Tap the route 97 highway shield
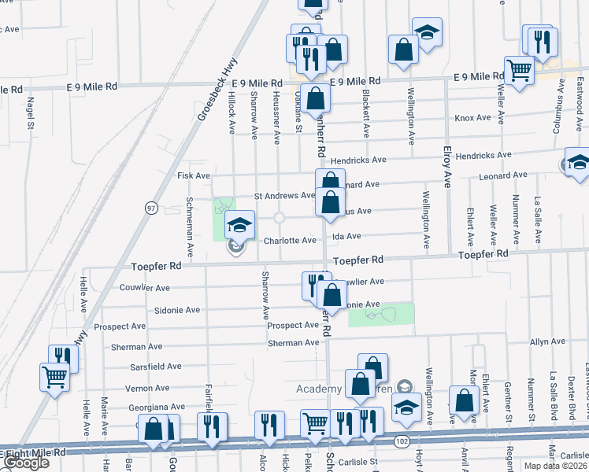point(151,208)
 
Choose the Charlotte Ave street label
point(290,241)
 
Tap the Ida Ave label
point(346,236)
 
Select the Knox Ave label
point(472,118)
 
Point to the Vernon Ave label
point(147,388)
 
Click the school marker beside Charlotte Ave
point(239,226)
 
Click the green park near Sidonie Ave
point(381,315)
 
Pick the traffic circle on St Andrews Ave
point(280,218)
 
